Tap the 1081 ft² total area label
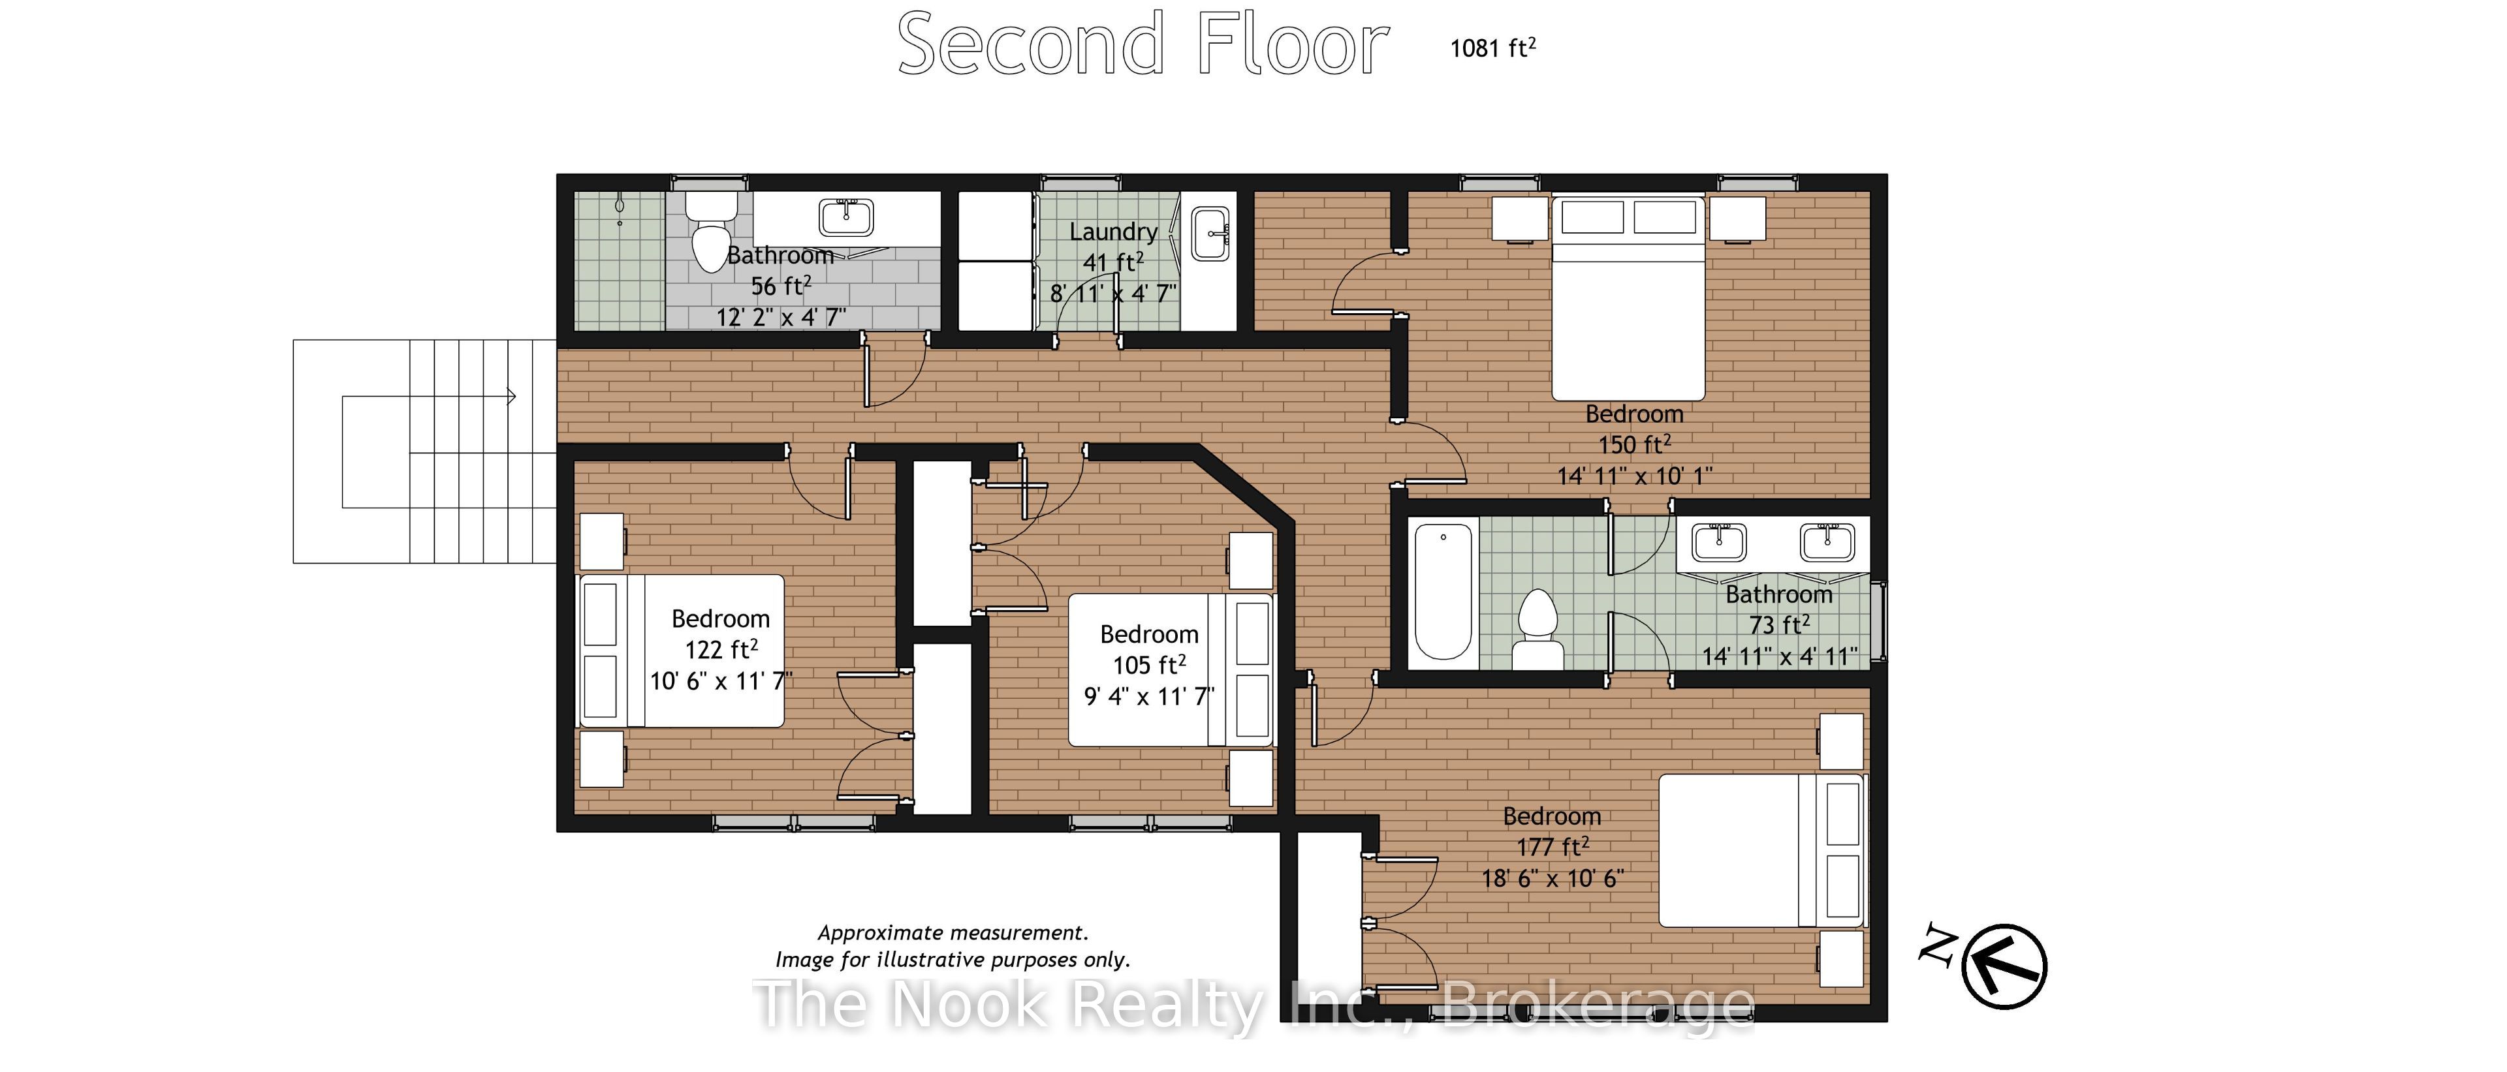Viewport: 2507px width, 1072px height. click(x=1493, y=48)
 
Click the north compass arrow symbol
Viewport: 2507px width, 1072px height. click(x=2004, y=966)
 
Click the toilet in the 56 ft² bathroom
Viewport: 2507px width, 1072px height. click(x=712, y=232)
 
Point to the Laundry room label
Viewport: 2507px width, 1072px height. click(x=1113, y=232)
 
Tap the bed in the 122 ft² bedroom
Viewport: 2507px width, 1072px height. click(x=681, y=651)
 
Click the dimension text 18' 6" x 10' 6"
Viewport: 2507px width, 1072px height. click(x=1553, y=878)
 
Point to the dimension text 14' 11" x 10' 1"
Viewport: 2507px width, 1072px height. click(x=1634, y=476)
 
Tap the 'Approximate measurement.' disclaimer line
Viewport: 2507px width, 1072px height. click(x=953, y=933)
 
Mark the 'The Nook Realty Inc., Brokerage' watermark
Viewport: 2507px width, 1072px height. click(x=1254, y=1004)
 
